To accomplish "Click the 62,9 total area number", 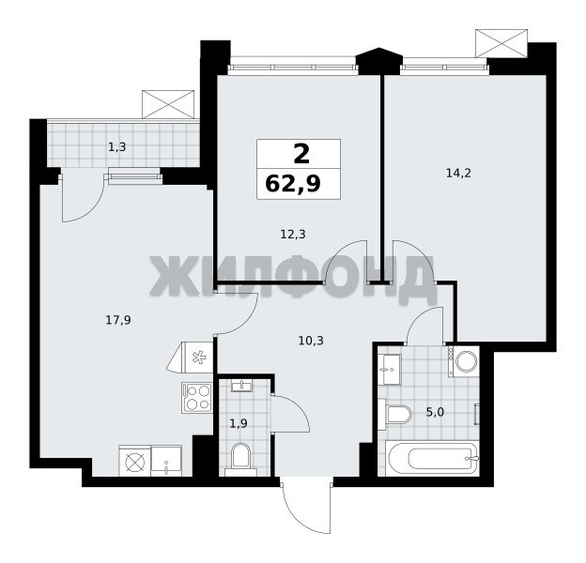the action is [293, 184].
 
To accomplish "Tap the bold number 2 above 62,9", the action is [301, 154].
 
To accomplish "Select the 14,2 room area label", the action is [458, 174].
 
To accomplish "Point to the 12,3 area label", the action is [293, 235].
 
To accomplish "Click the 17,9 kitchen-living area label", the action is [118, 320].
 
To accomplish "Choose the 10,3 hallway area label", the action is [311, 341].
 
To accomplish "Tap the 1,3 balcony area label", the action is [117, 147].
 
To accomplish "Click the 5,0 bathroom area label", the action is [435, 412].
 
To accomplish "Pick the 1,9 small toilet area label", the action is [239, 424].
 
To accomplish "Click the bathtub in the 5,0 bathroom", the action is [434, 458].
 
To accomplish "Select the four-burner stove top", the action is [197, 397].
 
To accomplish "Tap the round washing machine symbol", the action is [466, 361].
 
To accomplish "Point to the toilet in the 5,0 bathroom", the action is [394, 415].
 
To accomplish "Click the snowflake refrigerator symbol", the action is [198, 358].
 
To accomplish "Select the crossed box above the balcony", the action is [168, 104].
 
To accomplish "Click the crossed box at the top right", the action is [501, 43].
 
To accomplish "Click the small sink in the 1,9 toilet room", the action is [241, 386].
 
